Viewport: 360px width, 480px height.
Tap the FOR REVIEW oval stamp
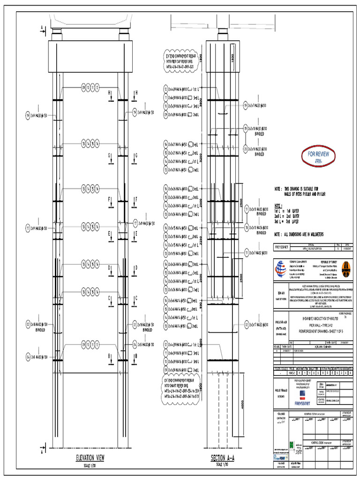tap(318, 156)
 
